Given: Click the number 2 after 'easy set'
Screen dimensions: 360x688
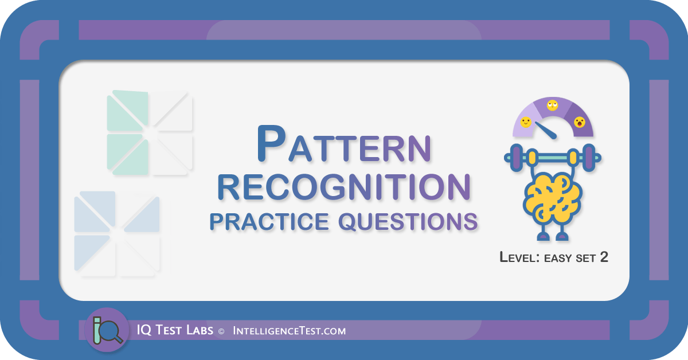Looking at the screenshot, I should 604,257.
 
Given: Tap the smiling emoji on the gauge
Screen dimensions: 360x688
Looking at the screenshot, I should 526,122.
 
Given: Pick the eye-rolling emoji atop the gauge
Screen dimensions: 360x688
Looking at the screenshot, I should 553,105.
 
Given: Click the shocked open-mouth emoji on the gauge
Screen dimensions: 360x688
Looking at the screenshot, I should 580,122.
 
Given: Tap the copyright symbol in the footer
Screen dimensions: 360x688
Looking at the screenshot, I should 220,331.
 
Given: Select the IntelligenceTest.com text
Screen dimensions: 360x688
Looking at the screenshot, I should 289,331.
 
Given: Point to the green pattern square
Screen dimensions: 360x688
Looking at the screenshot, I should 150,132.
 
